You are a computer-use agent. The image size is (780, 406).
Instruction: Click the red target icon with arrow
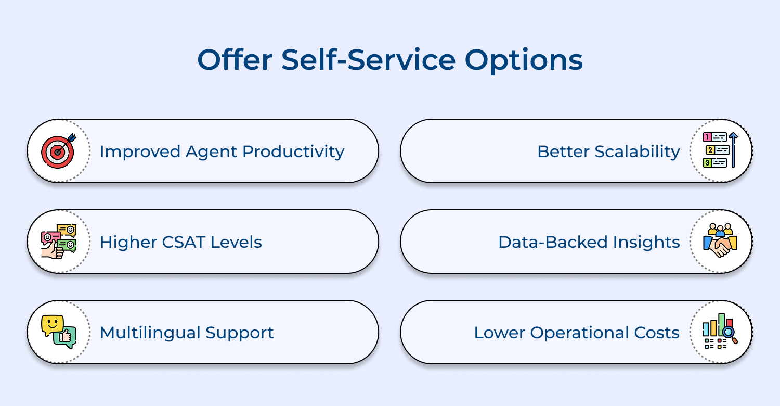(59, 151)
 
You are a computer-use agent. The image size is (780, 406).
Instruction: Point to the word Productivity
(293, 152)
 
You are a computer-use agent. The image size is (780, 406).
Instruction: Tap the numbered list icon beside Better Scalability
(721, 151)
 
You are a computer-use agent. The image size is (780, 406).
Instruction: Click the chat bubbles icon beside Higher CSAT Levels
(59, 242)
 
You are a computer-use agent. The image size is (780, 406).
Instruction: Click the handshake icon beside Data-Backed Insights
(721, 242)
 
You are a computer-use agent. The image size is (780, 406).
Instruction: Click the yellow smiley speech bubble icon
(53, 325)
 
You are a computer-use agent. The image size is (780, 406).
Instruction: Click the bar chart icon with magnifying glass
(721, 332)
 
